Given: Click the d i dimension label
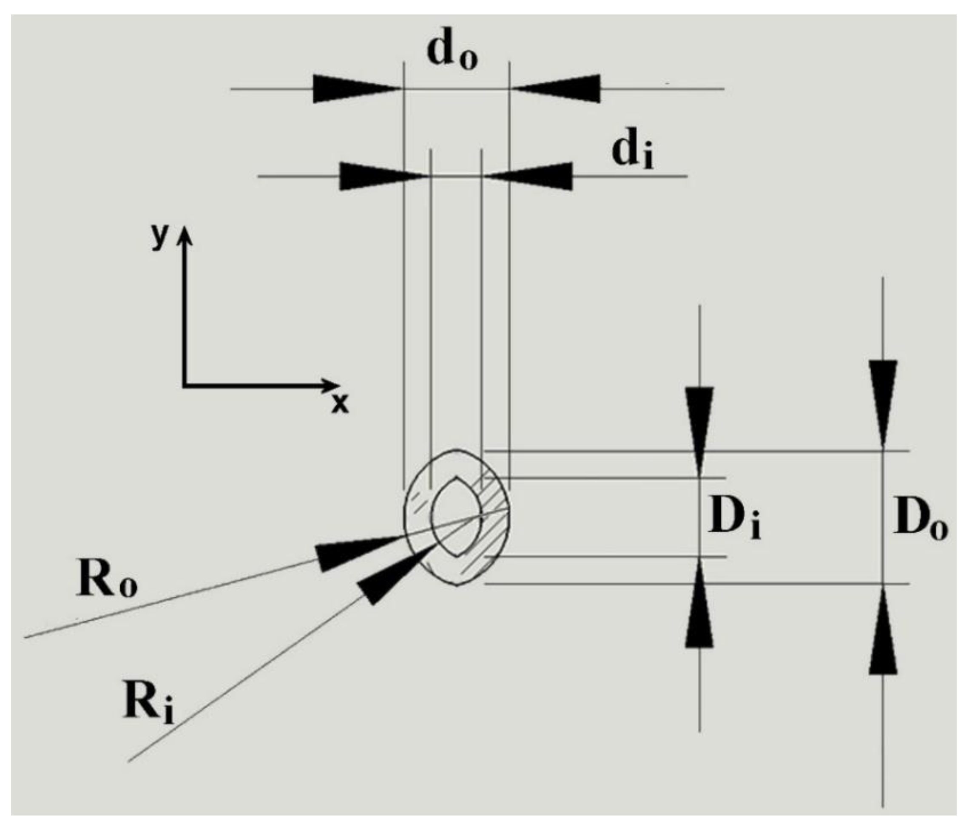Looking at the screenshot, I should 632,153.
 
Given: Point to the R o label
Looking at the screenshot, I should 106,581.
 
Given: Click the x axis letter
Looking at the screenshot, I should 340,403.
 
